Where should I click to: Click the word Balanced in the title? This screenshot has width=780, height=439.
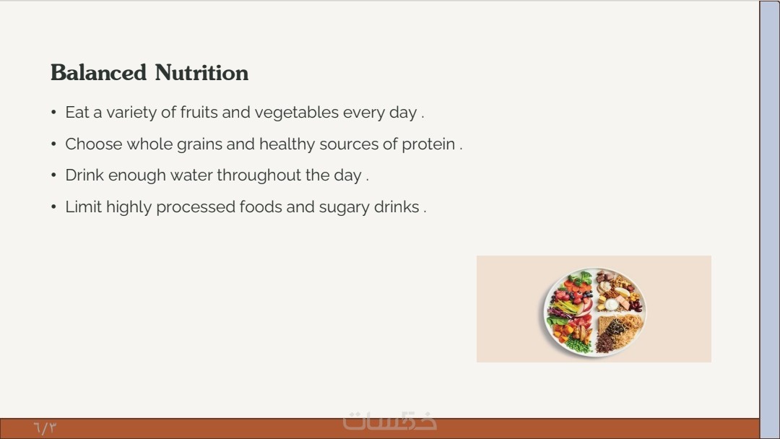[x=98, y=73]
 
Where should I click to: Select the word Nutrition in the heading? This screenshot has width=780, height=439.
[x=201, y=73]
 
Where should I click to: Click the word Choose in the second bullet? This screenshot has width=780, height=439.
[x=93, y=144]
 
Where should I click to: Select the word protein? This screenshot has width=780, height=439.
[x=428, y=144]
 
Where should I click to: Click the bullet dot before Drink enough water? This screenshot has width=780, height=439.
[x=53, y=175]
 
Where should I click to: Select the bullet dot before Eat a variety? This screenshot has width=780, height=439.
[x=53, y=113]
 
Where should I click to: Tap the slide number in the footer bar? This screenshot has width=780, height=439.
[x=45, y=427]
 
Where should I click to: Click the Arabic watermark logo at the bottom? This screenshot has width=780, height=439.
[x=389, y=421]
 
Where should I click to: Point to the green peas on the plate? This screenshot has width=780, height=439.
[x=577, y=344]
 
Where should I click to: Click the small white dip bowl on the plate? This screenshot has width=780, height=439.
[x=612, y=304]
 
